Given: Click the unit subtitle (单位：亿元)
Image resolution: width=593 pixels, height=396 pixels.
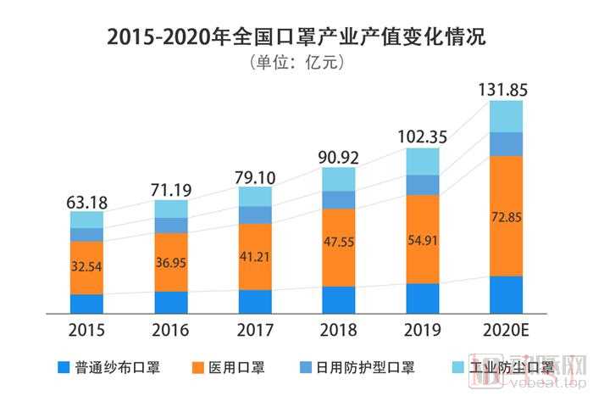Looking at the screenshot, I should [x=296, y=64].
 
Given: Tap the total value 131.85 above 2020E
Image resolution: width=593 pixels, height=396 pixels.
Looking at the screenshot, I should [x=506, y=88].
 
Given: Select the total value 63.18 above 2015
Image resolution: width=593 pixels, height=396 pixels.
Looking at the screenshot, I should [x=86, y=202].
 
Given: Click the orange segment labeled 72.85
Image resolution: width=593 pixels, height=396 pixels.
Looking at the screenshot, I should [x=506, y=216].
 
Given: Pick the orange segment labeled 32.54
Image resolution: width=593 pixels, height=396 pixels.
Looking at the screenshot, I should [x=86, y=266].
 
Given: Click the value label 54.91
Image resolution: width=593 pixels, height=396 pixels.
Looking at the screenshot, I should [x=423, y=239].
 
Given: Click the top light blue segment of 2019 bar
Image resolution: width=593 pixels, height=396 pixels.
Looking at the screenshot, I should [x=423, y=161].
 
